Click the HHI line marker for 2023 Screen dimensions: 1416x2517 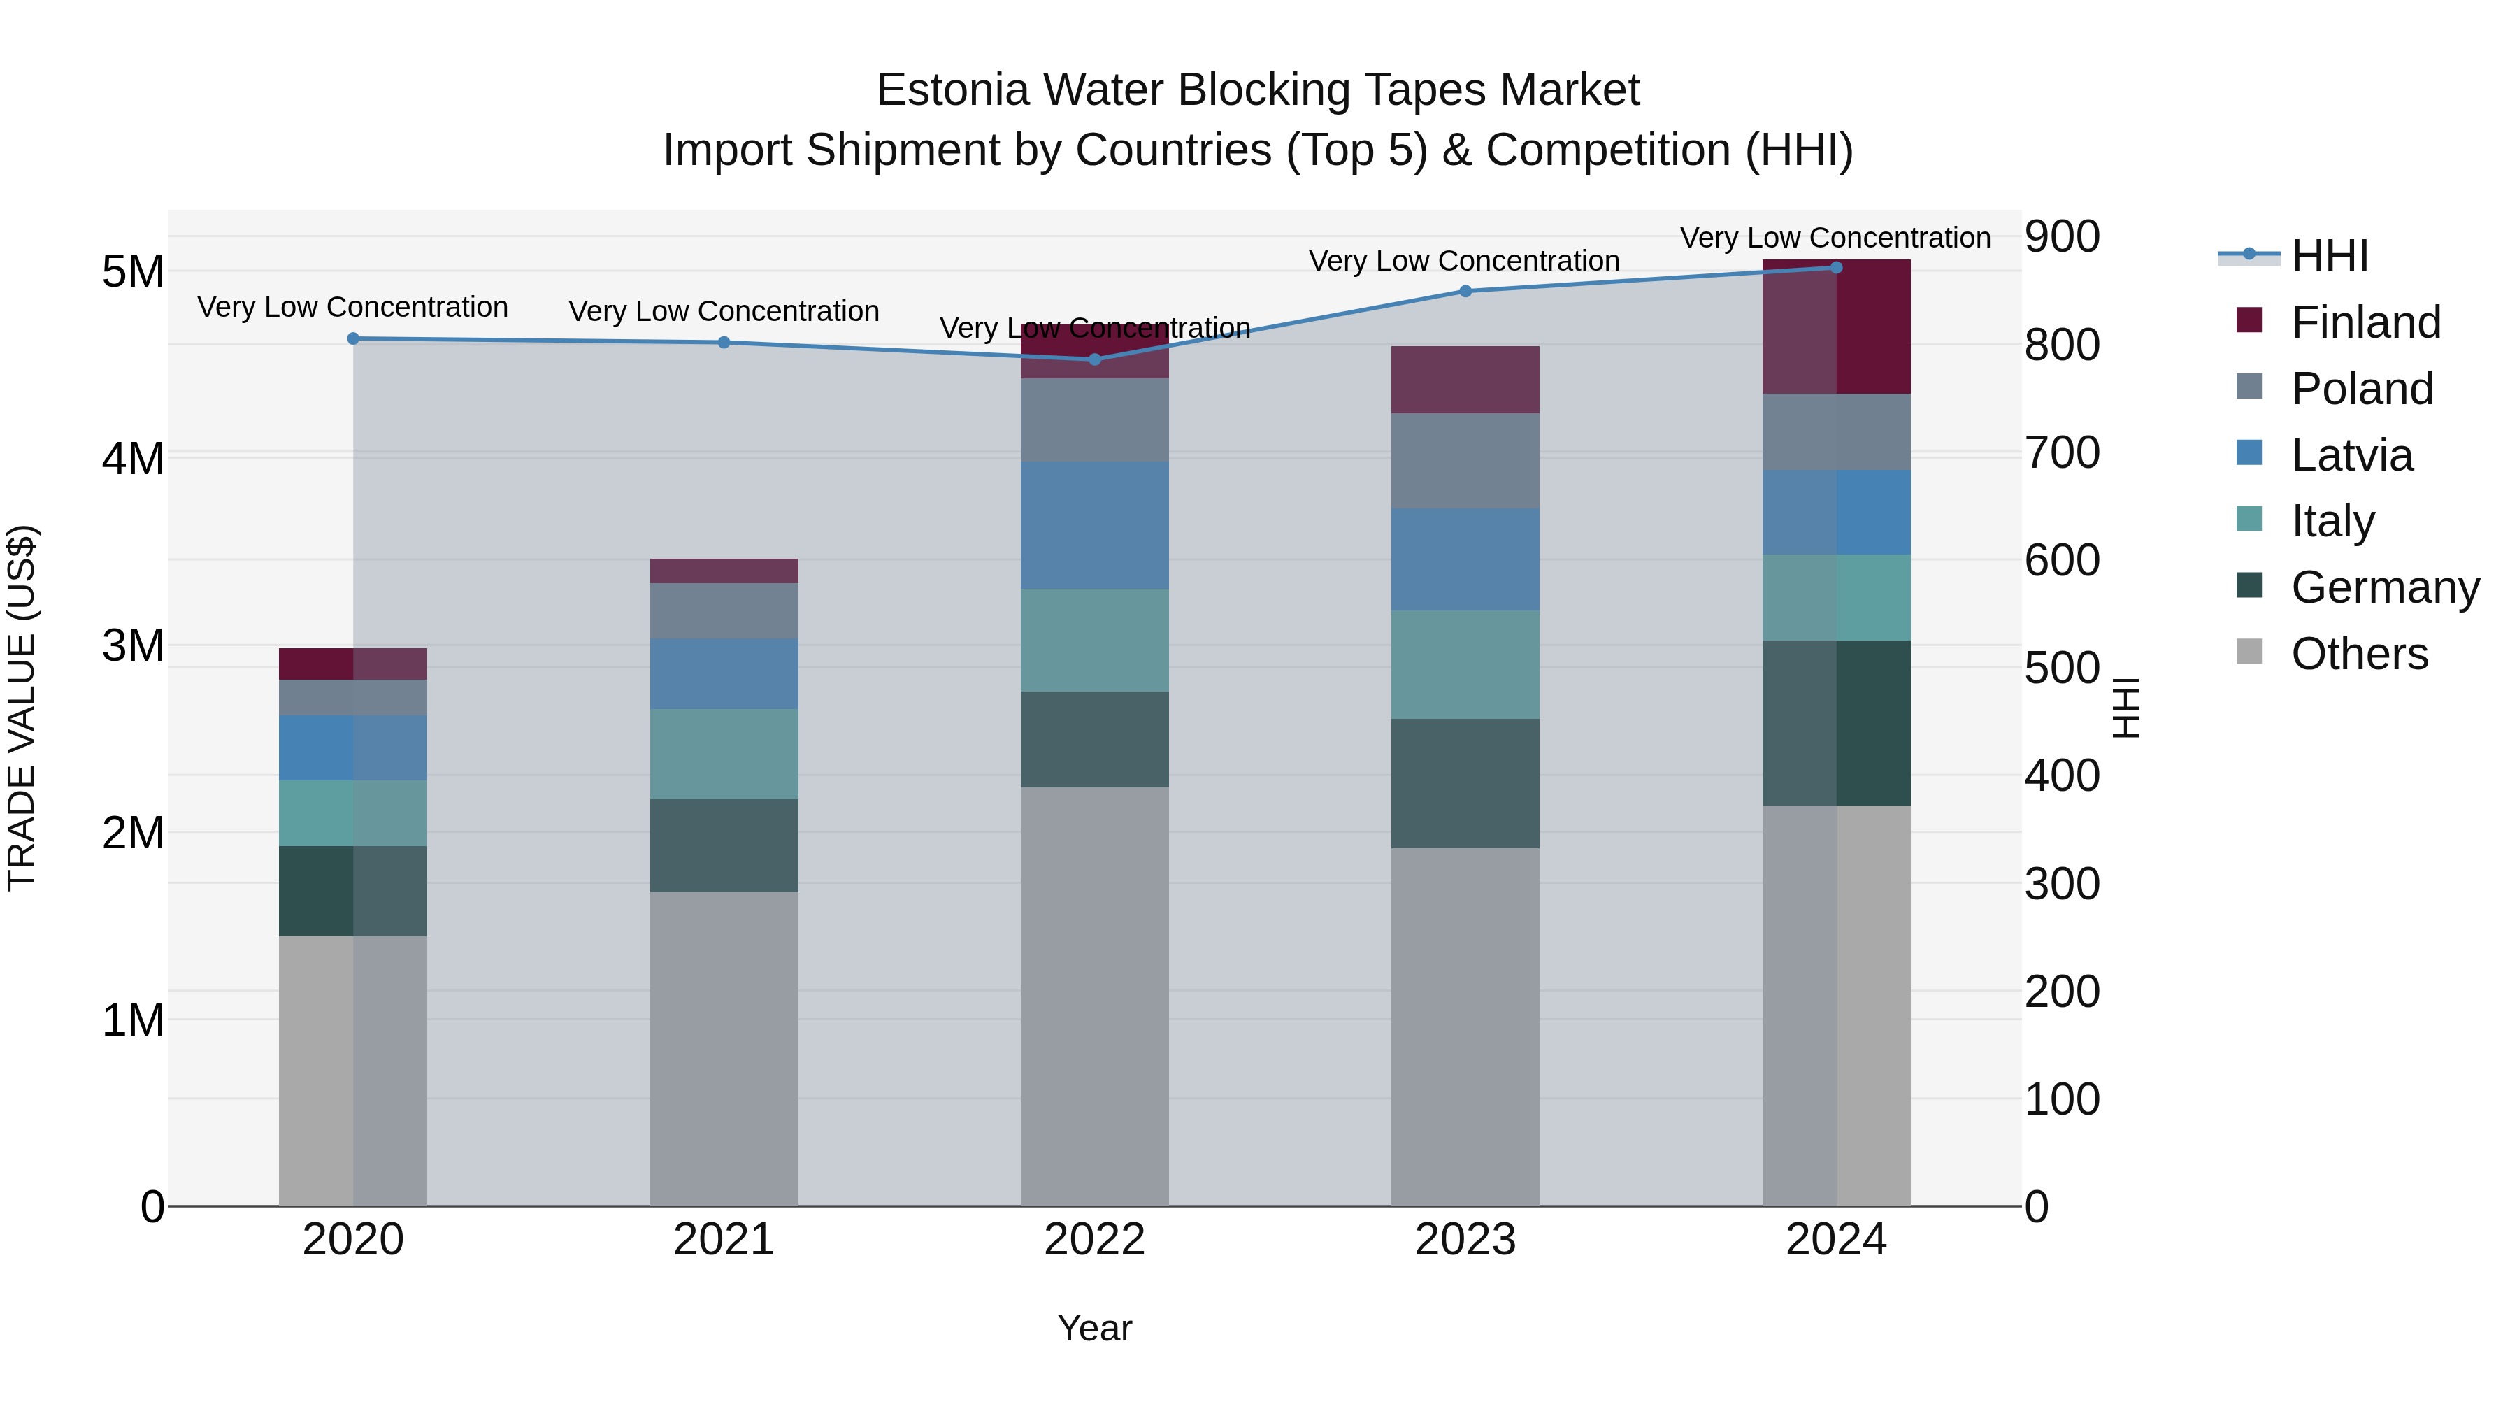pos(1465,291)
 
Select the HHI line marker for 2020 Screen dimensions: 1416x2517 pos(353,339)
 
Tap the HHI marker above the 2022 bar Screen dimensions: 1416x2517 pos(1094,359)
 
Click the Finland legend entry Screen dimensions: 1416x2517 pos(2365,322)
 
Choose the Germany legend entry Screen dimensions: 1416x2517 pos(2384,587)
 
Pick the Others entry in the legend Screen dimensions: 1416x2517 pos(2359,654)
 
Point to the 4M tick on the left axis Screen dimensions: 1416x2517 pos(134,458)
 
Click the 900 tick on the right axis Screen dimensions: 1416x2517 pos(2062,236)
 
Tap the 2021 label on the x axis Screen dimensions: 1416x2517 pos(723,1239)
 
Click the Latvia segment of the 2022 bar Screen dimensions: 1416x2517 pos(1094,524)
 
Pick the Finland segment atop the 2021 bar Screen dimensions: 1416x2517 pos(723,571)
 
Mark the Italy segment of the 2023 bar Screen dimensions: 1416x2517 pos(1465,664)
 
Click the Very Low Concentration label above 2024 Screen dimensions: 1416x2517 pos(1835,238)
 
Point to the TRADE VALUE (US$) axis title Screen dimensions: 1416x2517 pos(22,708)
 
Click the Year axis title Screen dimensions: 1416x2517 pos(1094,1328)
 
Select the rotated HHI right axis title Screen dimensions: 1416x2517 pos(2126,708)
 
